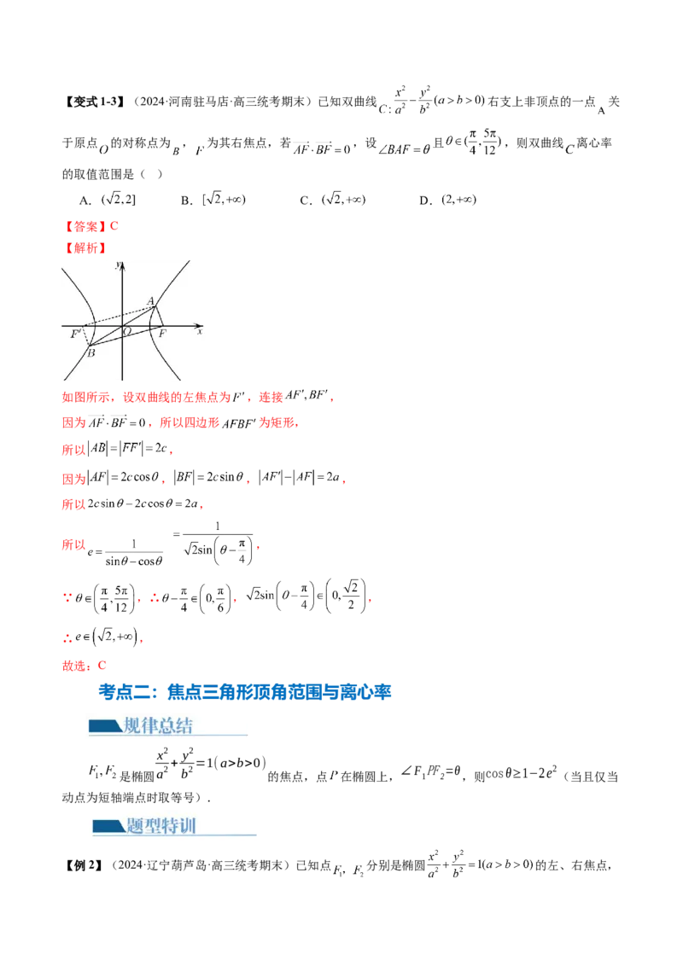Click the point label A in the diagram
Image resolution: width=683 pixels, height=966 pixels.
point(150,300)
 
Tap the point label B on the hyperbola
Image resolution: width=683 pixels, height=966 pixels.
point(91,352)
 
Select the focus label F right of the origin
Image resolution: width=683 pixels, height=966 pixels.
point(161,334)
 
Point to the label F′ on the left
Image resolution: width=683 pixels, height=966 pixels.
point(75,334)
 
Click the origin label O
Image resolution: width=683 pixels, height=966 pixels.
point(127,331)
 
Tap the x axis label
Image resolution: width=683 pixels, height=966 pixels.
point(200,331)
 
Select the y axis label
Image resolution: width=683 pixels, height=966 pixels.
point(116,265)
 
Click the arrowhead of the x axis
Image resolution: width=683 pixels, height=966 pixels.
point(200,325)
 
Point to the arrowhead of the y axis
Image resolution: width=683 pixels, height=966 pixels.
point(122,265)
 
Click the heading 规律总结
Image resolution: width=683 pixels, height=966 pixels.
point(158,726)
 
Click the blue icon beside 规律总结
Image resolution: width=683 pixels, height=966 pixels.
point(105,727)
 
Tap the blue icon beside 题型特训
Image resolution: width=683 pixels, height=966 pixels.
point(108,826)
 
